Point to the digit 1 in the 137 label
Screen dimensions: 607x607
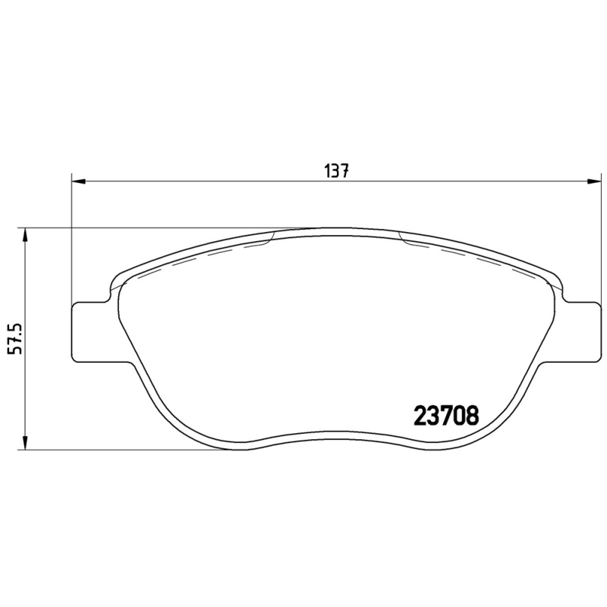(328, 171)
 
